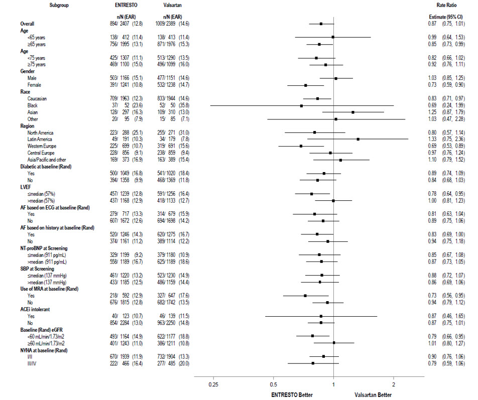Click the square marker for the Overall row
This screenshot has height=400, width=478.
[x=321, y=24]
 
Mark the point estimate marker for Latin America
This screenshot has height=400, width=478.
[x=358, y=139]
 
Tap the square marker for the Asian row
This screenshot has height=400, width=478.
[x=353, y=112]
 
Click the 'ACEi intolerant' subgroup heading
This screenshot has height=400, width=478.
[x=37, y=310]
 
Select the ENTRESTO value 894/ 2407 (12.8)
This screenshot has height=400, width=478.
[x=128, y=24]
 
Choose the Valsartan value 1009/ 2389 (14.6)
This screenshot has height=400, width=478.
[x=170, y=24]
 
